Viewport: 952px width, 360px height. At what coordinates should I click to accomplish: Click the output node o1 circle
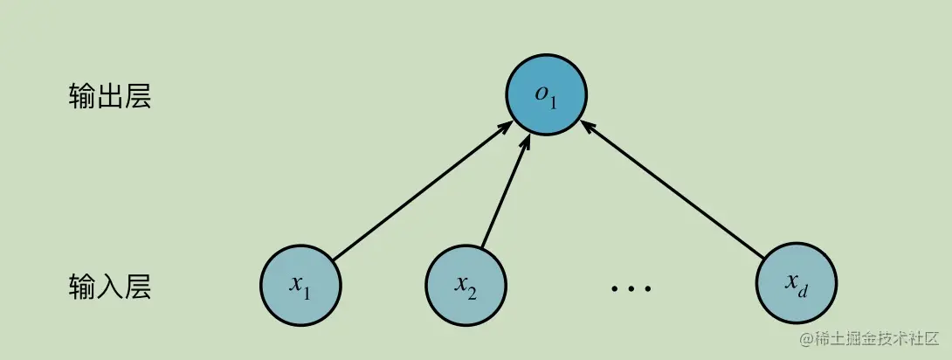click(x=547, y=94)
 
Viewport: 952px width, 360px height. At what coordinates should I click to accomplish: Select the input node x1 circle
click(x=300, y=284)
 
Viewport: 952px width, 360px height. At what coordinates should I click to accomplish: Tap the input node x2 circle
click(x=466, y=284)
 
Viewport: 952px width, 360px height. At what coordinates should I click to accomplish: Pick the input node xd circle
click(x=795, y=284)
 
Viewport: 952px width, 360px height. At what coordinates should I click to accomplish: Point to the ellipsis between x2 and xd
click(x=631, y=287)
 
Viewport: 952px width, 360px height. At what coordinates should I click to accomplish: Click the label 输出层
click(x=109, y=96)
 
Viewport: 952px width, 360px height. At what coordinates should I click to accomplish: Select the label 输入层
click(x=109, y=286)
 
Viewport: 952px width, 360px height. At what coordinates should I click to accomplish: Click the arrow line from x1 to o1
click(x=419, y=192)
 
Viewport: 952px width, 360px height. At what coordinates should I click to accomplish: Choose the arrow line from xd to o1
click(x=673, y=189)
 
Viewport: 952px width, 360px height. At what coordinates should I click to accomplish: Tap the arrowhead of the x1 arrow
click(x=505, y=128)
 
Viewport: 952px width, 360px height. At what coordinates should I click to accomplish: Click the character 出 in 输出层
click(x=109, y=96)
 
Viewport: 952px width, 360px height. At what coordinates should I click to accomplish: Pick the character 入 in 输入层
click(x=109, y=286)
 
